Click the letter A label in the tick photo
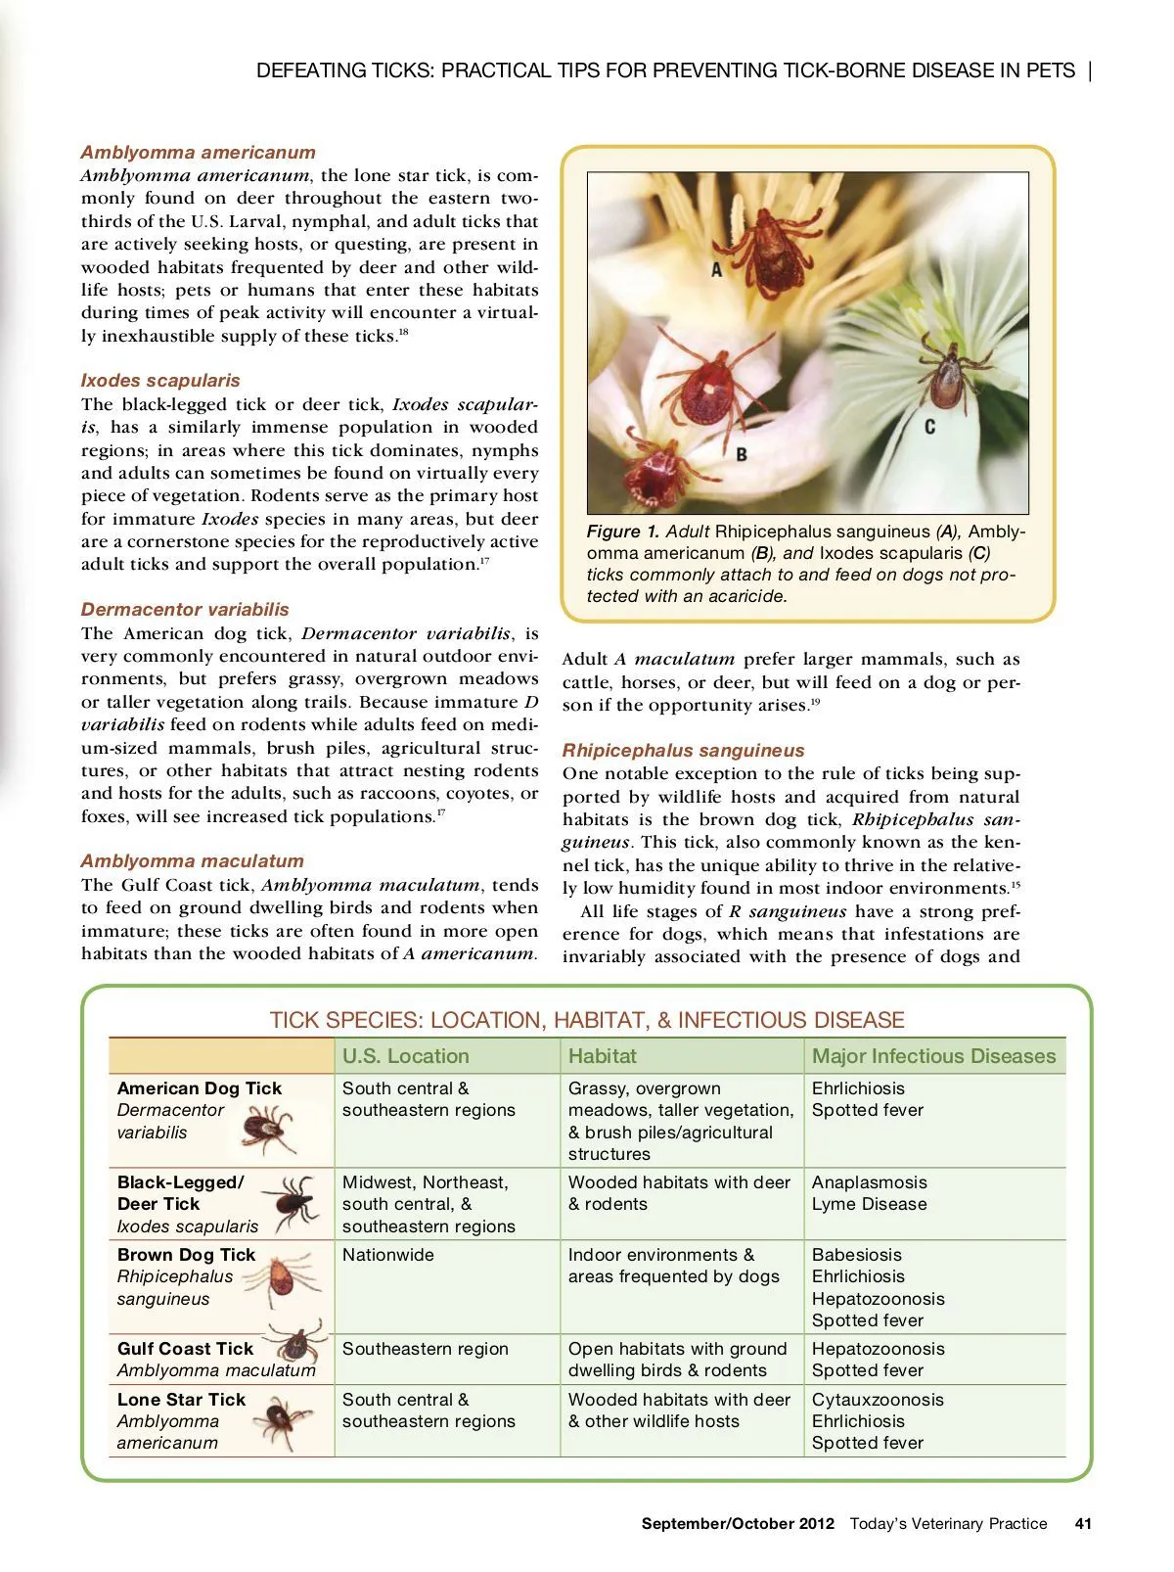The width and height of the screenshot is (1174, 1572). (x=716, y=269)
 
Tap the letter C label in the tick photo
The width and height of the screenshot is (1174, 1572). (x=929, y=427)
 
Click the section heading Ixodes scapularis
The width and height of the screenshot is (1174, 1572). (x=160, y=381)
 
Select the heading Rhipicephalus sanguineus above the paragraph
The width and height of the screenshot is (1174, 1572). (x=683, y=751)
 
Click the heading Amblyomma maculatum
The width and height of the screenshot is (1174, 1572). (x=192, y=861)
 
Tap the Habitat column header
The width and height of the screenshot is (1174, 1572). (x=602, y=1056)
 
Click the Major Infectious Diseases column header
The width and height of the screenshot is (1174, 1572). (x=933, y=1056)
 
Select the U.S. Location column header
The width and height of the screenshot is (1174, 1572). (x=405, y=1056)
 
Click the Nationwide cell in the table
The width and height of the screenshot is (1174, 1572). (x=387, y=1255)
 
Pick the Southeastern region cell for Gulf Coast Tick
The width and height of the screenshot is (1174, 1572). (x=425, y=1349)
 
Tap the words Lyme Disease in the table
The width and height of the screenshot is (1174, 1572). (x=869, y=1204)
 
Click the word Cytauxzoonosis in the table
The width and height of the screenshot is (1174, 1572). (x=878, y=1400)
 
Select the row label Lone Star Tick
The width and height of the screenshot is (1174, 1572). (x=181, y=1400)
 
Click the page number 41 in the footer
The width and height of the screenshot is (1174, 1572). (x=1082, y=1524)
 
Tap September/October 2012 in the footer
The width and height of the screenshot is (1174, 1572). (x=738, y=1524)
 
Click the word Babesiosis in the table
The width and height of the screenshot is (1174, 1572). (x=856, y=1255)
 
